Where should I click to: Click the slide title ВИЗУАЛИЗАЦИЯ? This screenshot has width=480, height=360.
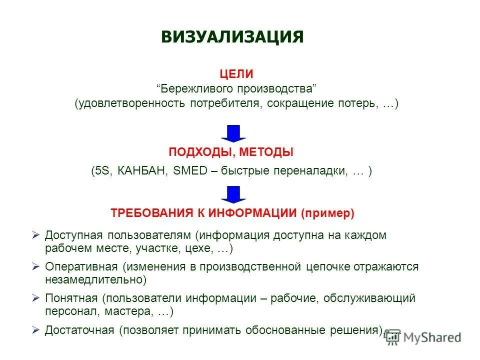pos(232,37)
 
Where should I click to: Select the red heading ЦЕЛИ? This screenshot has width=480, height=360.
pos(236,74)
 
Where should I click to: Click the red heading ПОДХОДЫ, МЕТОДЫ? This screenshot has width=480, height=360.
pos(231,152)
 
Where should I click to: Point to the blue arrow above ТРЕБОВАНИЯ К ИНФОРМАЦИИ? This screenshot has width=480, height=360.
pos(233,194)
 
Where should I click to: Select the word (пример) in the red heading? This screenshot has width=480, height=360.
pos(327,213)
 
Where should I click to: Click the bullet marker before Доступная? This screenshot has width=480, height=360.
pos(35,234)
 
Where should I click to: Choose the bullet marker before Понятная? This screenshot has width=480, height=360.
pos(35,298)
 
